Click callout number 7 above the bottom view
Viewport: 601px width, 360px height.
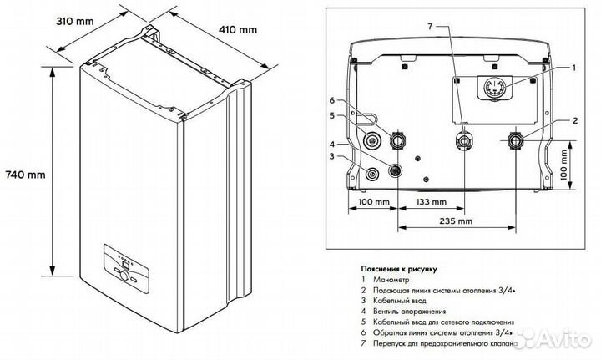click(430, 28)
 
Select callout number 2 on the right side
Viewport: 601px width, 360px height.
click(574, 120)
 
